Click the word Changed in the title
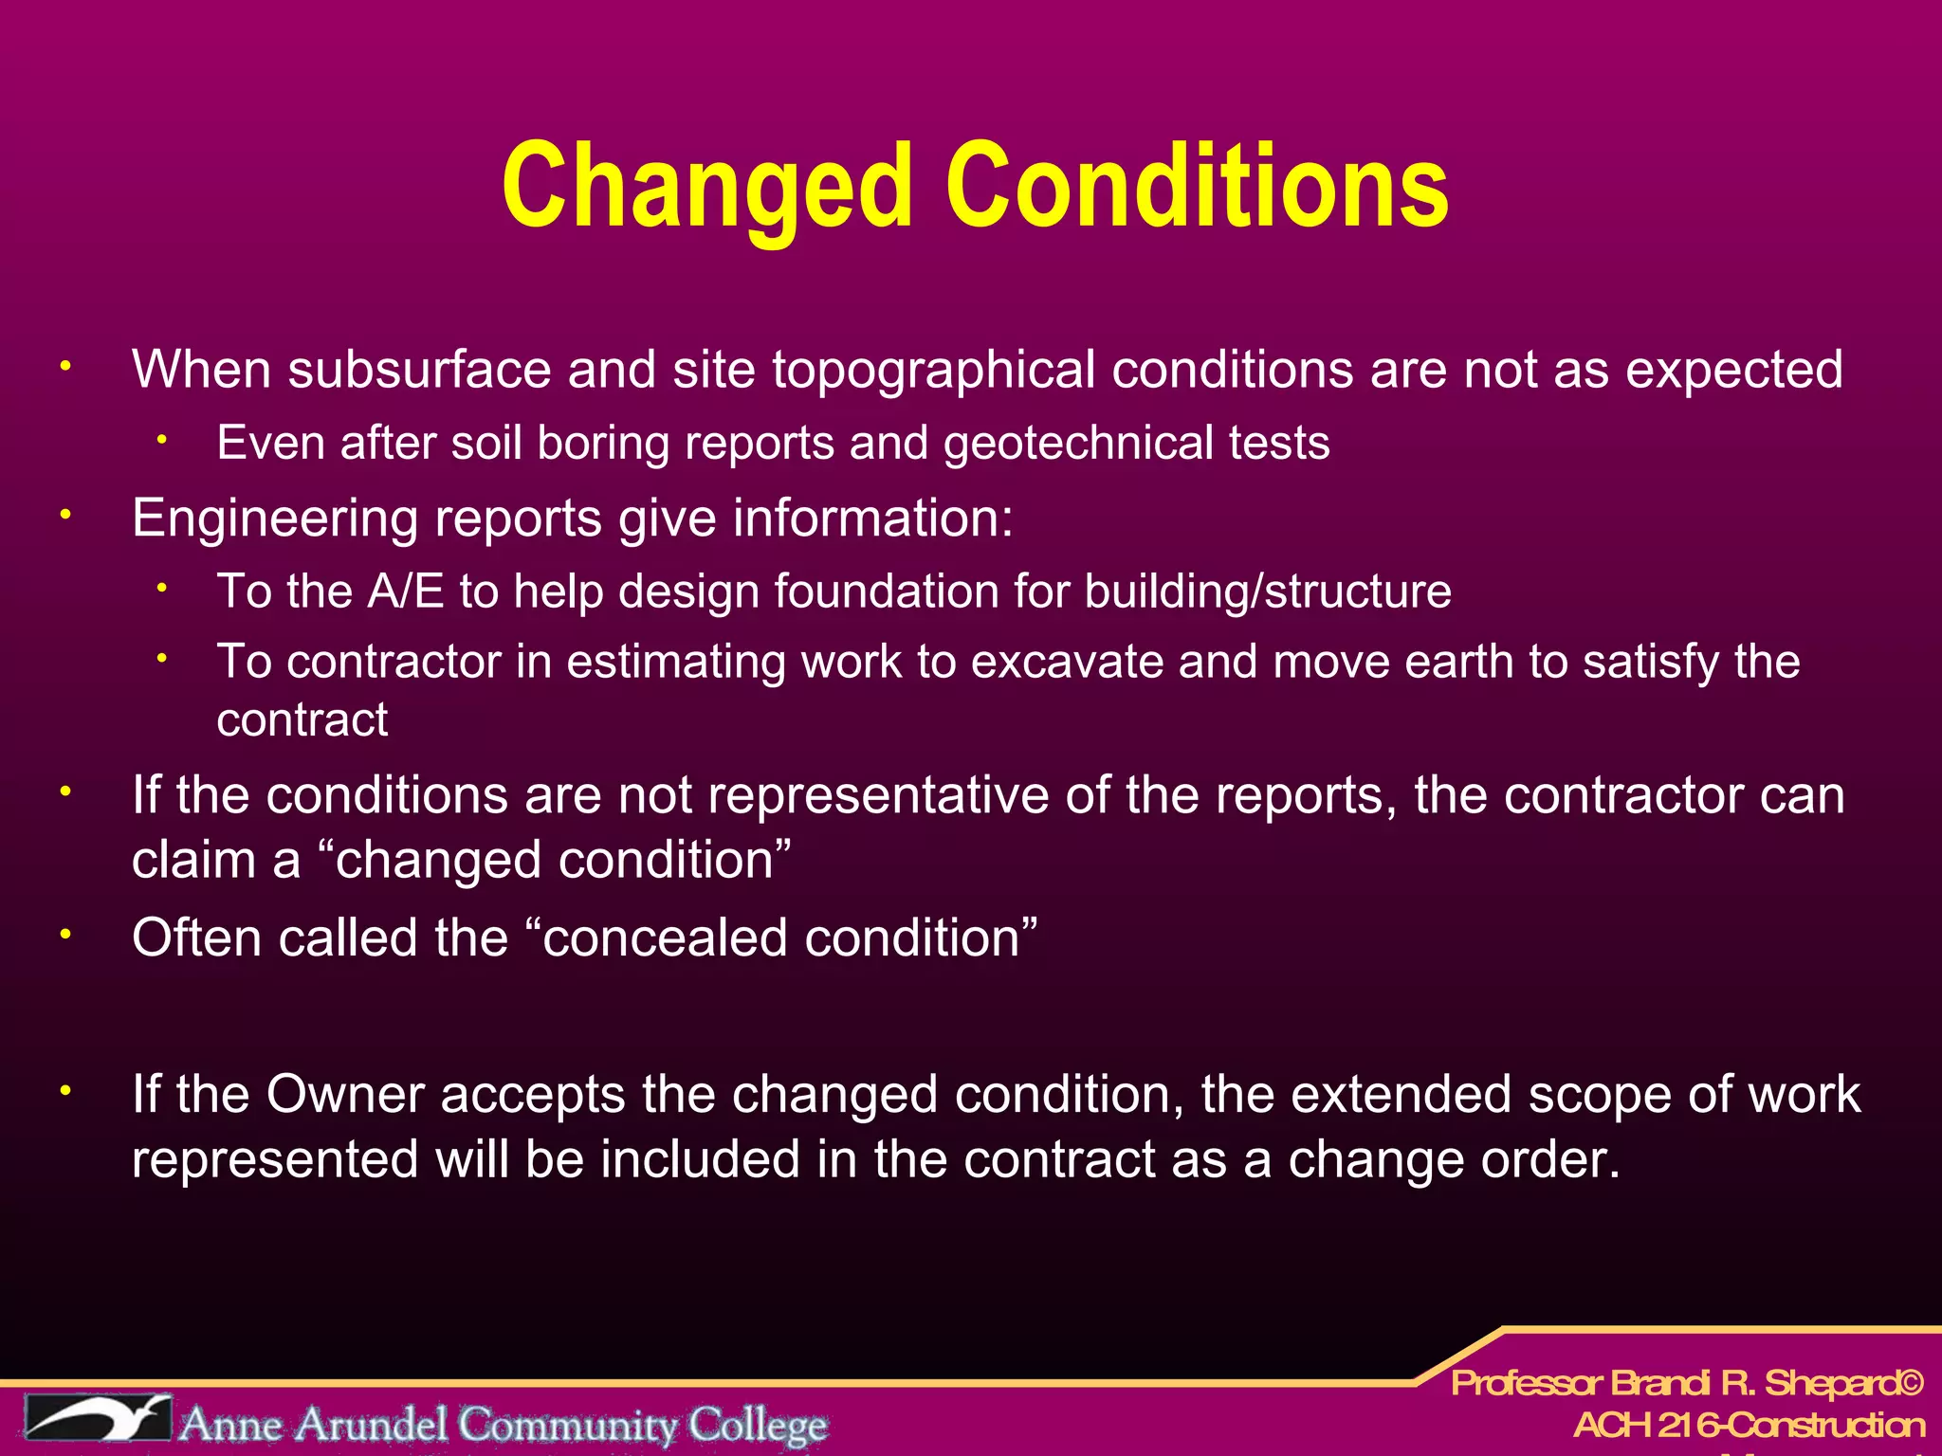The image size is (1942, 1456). (x=706, y=186)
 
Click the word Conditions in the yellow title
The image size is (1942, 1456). (x=1197, y=186)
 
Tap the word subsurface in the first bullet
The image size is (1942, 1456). (x=419, y=370)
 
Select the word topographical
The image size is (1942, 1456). (x=933, y=370)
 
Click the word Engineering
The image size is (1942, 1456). (x=274, y=519)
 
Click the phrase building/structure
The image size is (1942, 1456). (x=1268, y=591)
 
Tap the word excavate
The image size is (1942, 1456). (x=1066, y=662)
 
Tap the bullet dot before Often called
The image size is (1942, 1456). (x=65, y=935)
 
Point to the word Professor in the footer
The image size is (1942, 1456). (x=1526, y=1384)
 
